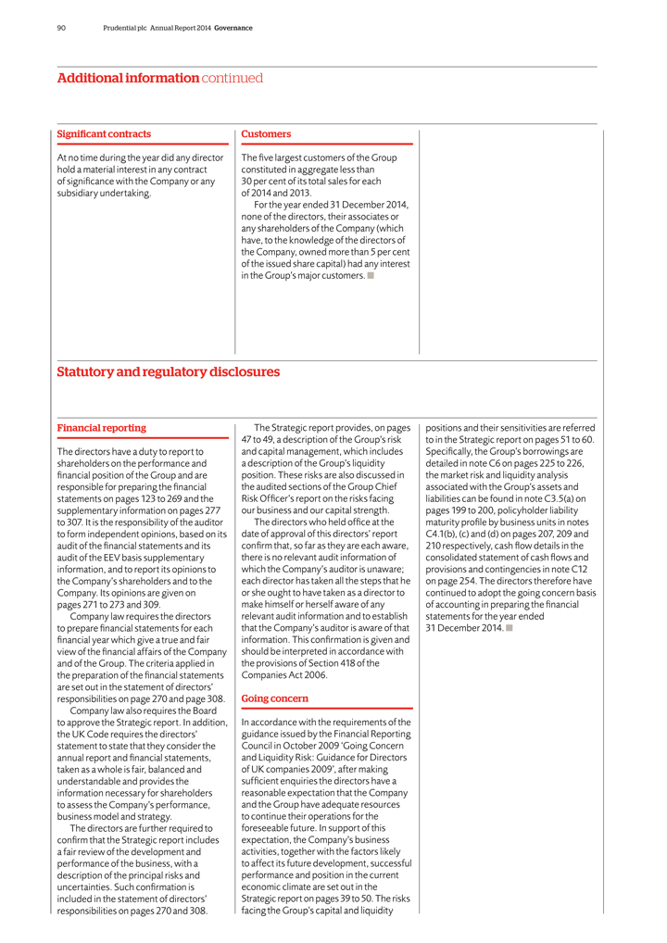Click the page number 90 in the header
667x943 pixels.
pos(61,28)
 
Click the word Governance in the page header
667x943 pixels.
pos(233,28)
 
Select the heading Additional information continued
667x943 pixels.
pos(160,79)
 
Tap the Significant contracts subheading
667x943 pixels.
pos(104,134)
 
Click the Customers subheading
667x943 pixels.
pos(266,134)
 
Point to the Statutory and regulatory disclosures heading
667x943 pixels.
pos(169,372)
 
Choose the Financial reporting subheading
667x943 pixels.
pos(102,428)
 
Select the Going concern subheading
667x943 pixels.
pos(275,698)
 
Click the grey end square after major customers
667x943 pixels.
pos(371,275)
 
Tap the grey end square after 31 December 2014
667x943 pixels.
pos(510,628)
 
